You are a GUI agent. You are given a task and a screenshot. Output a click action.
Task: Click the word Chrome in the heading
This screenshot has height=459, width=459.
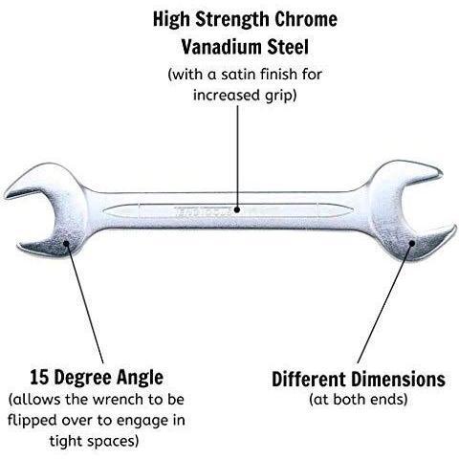[x=305, y=19]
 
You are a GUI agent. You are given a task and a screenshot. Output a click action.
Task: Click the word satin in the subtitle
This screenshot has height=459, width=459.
[x=238, y=75]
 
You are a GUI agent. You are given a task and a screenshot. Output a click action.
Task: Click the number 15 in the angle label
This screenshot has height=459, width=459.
[x=39, y=378]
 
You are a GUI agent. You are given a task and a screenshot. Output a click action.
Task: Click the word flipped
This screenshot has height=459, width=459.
[x=32, y=421]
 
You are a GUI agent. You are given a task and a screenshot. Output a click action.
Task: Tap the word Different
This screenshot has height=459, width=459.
[x=309, y=380]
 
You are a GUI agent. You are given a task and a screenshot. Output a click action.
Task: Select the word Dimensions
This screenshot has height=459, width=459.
[x=398, y=380]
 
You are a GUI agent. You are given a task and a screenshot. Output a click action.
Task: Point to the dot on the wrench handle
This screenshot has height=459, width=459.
[x=237, y=209]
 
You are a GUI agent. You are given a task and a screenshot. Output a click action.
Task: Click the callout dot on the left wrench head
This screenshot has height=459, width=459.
[x=66, y=243]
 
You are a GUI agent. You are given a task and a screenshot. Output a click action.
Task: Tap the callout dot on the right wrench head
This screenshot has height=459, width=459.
[x=411, y=243]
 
